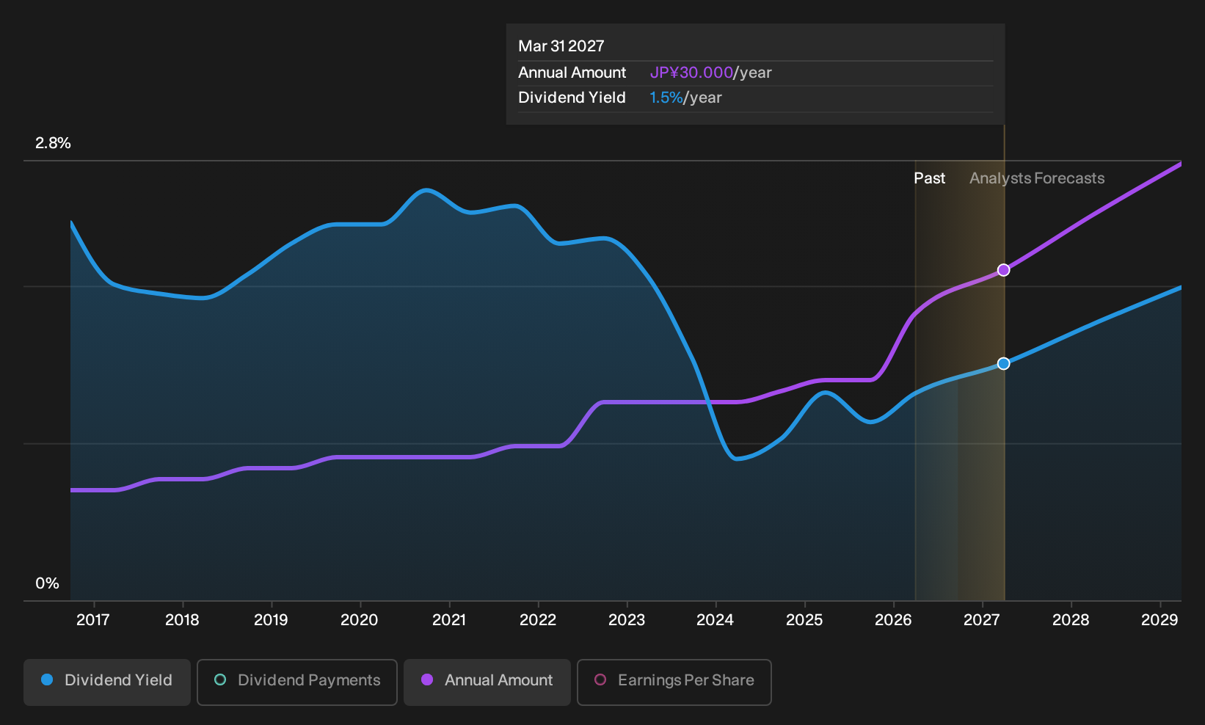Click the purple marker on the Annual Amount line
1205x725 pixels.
[x=1003, y=270]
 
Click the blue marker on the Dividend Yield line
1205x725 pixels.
[x=1003, y=363]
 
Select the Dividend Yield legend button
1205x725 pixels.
[x=107, y=682]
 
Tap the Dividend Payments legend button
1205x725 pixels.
[x=297, y=682]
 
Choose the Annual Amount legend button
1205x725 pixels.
[x=487, y=682]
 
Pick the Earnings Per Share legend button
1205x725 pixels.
[x=674, y=682]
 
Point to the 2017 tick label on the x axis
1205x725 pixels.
[x=93, y=620]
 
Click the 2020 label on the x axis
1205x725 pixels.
[x=360, y=620]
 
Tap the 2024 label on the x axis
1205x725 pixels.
[x=715, y=620]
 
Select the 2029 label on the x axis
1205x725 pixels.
[x=1160, y=620]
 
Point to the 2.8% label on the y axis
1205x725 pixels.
[x=53, y=143]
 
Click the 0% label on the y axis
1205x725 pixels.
[x=48, y=583]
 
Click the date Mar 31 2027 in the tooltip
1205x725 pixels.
[x=561, y=46]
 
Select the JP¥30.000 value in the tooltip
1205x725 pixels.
[x=691, y=73]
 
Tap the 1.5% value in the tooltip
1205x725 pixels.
[x=666, y=98]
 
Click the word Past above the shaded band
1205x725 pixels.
[x=930, y=178]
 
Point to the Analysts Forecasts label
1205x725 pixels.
[x=1037, y=178]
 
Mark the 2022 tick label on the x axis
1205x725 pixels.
[x=537, y=620]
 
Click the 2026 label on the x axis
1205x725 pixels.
[x=893, y=620]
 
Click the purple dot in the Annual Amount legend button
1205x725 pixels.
[x=426, y=680]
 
